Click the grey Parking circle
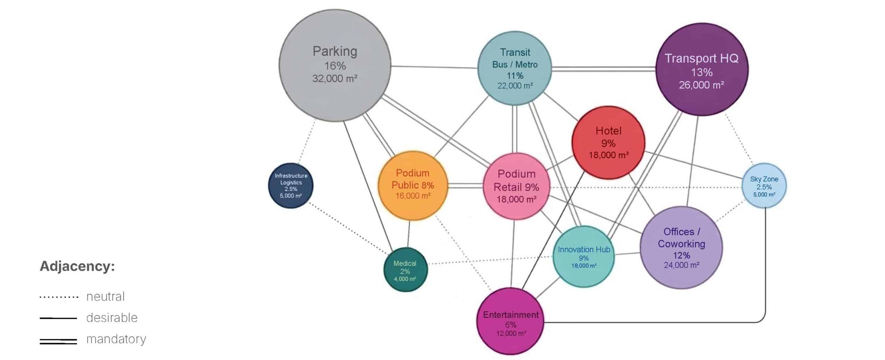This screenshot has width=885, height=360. pyautogui.click(x=335, y=66)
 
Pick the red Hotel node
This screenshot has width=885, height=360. pyautogui.click(x=608, y=142)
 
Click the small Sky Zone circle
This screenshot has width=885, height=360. pyautogui.click(x=764, y=186)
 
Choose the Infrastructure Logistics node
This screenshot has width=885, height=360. pyautogui.click(x=291, y=186)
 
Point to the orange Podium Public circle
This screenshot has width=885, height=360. pyautogui.click(x=413, y=186)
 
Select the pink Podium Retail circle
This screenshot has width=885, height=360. pyautogui.click(x=516, y=186)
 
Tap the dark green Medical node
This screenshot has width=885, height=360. pyautogui.click(x=405, y=270)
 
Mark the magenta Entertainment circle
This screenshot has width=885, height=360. pyautogui.click(x=511, y=322)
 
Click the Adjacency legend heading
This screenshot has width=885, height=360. pyautogui.click(x=77, y=267)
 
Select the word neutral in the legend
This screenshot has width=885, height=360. pyautogui.click(x=105, y=297)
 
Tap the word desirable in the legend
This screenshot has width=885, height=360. pyautogui.click(x=112, y=318)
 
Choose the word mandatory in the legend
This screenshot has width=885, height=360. pyautogui.click(x=116, y=339)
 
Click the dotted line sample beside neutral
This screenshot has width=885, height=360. pyautogui.click(x=59, y=297)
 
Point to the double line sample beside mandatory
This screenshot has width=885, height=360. pyautogui.click(x=58, y=341)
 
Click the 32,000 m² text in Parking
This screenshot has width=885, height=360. pyautogui.click(x=335, y=79)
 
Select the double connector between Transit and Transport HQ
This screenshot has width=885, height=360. pyautogui.click(x=603, y=70)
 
